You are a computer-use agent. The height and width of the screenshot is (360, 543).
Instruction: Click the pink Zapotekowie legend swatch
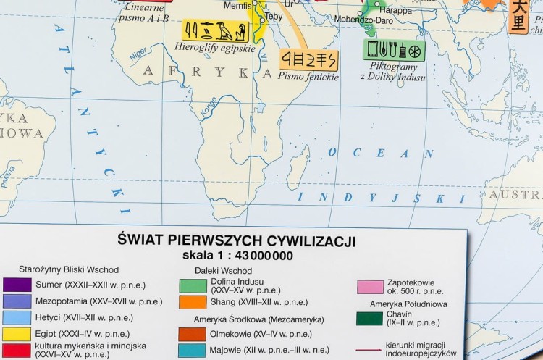tap(370, 287)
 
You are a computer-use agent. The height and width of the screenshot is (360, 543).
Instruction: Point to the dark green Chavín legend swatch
tap(370, 319)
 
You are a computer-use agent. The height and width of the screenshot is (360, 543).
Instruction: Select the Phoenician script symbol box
tap(308, 59)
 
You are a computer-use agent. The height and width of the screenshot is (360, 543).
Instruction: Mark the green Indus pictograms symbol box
tap(394, 50)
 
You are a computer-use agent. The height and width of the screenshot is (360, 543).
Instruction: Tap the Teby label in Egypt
tap(274, 15)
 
